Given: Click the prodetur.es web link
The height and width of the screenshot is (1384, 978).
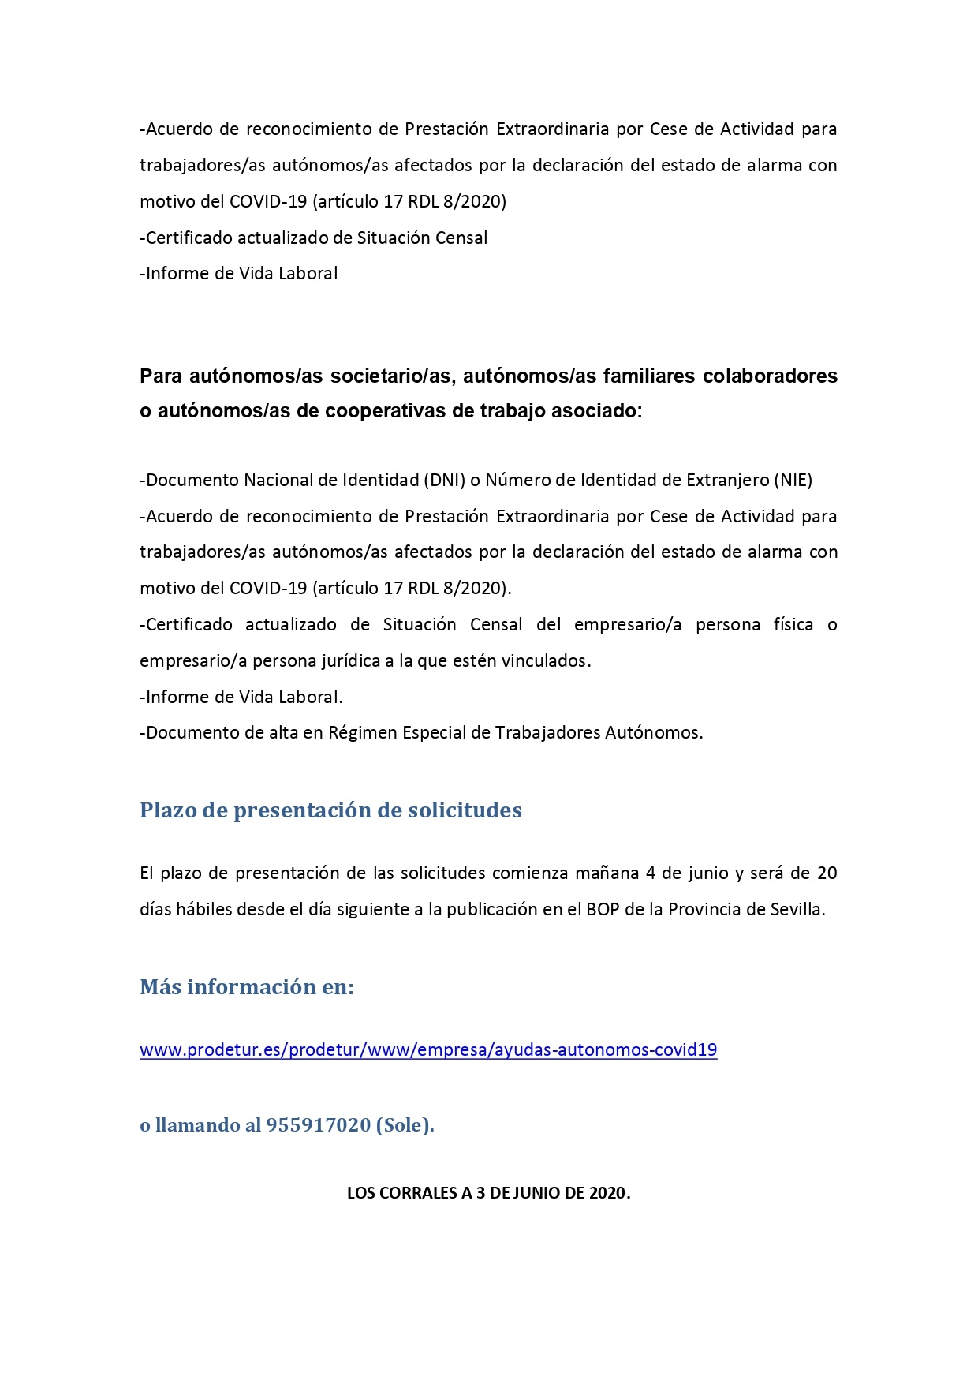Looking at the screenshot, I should click(428, 1050).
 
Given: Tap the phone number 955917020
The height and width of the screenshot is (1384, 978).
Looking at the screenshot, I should click(318, 1125).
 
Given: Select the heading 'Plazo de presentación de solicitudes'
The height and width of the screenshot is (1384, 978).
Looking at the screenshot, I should click(330, 810).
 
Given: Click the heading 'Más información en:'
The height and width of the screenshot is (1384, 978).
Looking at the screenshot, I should click(247, 987).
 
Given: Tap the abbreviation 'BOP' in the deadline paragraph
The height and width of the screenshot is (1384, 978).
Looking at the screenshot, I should click(603, 909).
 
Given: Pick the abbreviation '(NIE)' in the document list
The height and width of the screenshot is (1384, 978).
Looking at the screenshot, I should click(792, 480).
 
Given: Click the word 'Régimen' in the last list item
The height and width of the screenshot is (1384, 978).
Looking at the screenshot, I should click(362, 733).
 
